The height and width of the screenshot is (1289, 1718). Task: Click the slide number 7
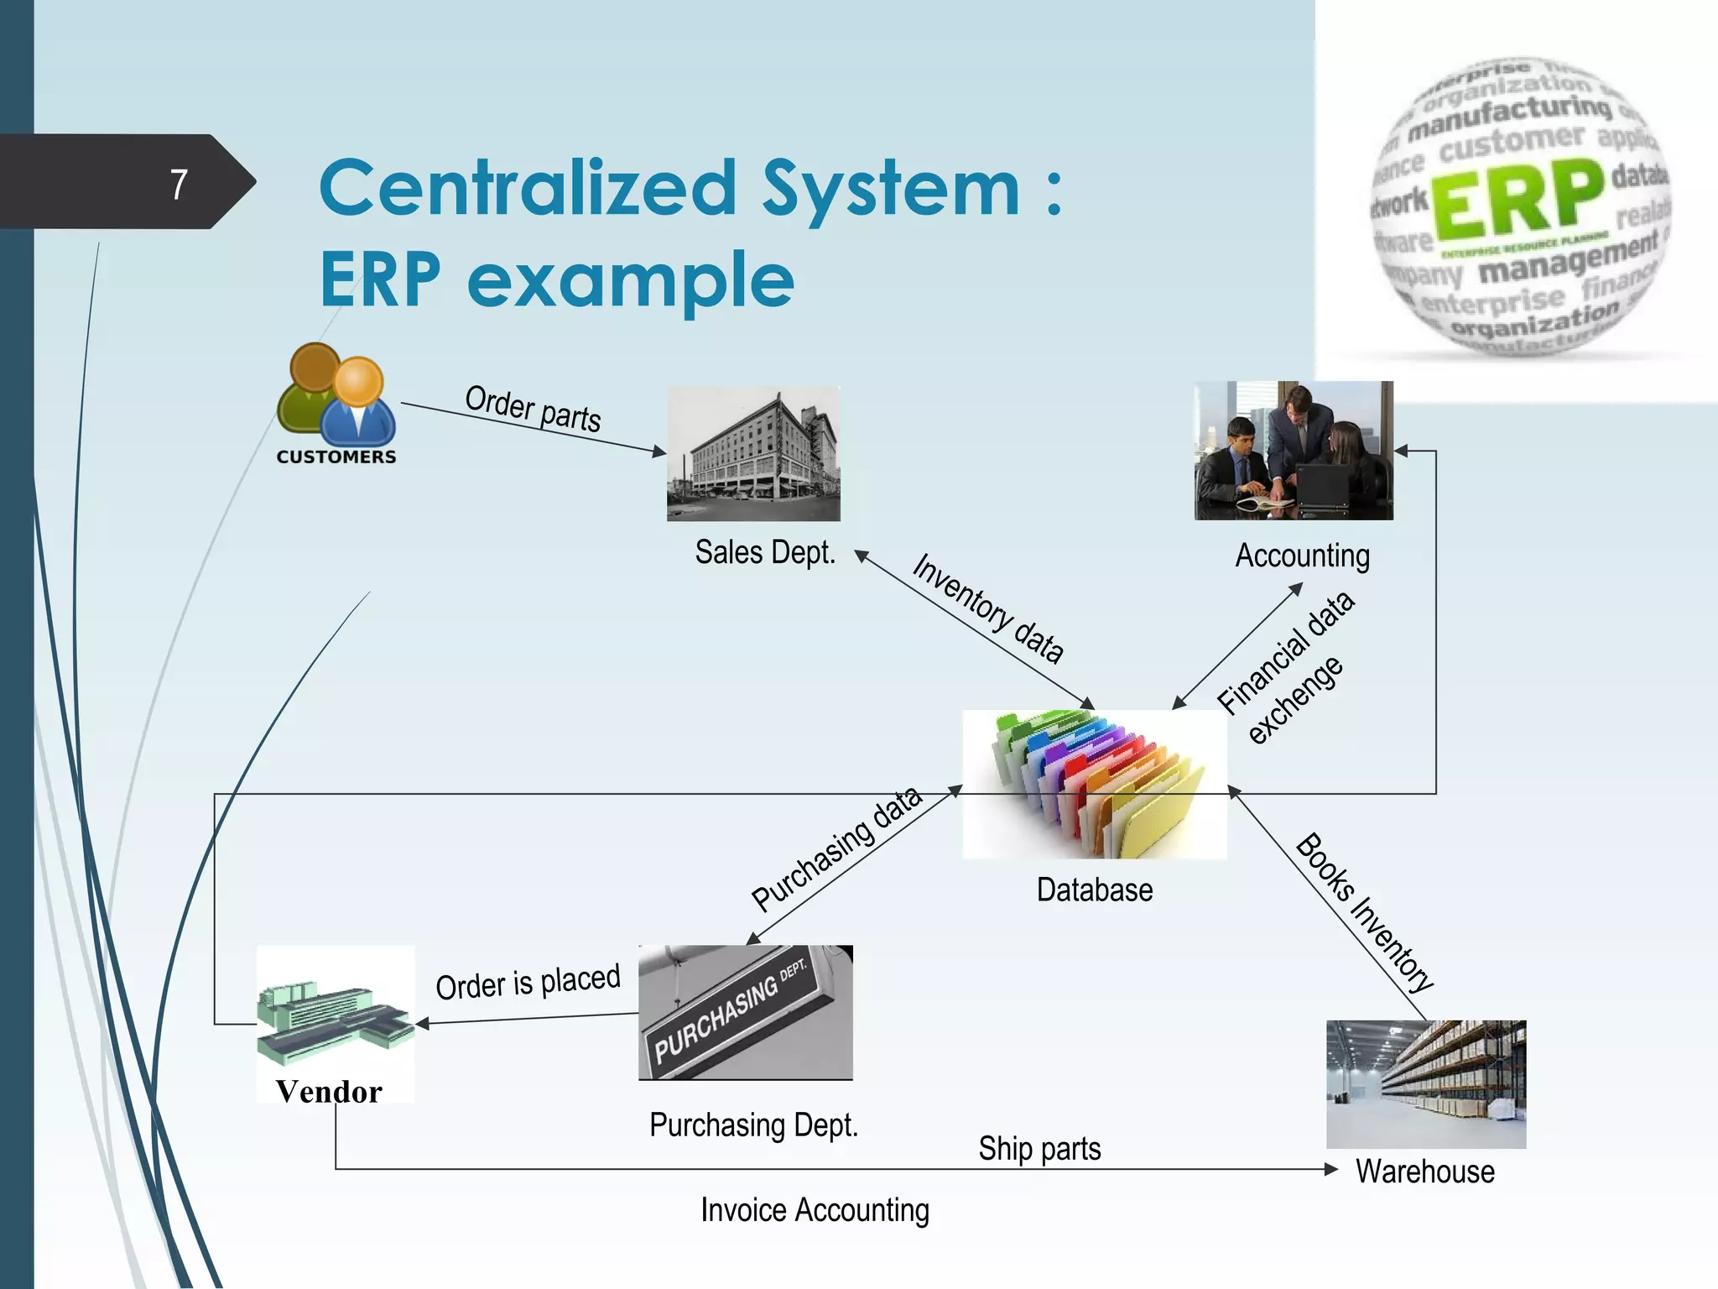tap(179, 185)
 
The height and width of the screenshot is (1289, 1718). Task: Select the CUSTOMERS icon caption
tap(336, 457)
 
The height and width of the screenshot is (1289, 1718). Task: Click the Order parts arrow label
tap(534, 409)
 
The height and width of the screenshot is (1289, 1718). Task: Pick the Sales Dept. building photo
tap(753, 454)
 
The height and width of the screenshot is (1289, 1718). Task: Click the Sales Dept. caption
tap(765, 553)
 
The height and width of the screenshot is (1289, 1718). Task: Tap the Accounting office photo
tap(1293, 451)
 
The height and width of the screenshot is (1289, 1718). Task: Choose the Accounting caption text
tap(1302, 556)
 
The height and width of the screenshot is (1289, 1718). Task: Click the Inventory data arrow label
tap(988, 608)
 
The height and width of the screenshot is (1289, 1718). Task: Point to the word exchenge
tap(1295, 700)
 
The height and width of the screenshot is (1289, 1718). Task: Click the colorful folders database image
tap(1094, 784)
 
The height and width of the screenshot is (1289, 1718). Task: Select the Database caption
tap(1094, 890)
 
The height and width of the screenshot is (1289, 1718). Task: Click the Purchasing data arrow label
tap(836, 849)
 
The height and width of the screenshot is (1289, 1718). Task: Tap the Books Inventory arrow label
tap(1364, 912)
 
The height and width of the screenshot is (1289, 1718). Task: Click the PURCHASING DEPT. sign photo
tap(745, 1012)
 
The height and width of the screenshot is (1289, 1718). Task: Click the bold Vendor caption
tap(329, 1091)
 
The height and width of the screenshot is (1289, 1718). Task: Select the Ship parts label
tap(1039, 1149)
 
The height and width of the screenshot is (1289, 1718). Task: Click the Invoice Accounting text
tap(815, 1210)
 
